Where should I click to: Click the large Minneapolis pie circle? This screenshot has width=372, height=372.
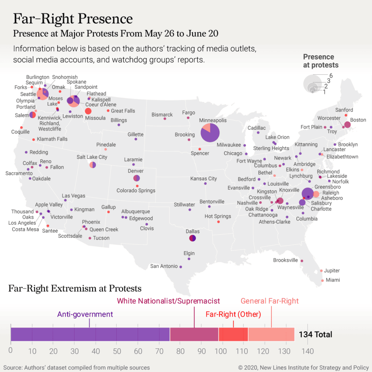(210, 133)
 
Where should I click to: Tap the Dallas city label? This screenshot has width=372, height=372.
(193, 231)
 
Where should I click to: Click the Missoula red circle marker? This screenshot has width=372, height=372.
(88, 111)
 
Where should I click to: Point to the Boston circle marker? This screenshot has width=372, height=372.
(347, 125)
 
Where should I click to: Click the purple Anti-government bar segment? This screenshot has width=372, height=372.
(90, 334)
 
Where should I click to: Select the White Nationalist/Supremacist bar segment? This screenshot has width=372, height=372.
(194, 334)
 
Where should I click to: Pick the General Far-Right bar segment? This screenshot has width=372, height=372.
(271, 334)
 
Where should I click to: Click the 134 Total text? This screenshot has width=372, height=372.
(315, 334)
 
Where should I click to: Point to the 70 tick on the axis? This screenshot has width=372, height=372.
(159, 351)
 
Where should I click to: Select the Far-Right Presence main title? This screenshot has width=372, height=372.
(73, 19)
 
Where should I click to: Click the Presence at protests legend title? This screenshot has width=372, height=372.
(320, 61)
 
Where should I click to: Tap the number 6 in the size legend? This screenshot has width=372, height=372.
(331, 75)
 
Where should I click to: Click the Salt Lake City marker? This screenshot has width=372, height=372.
(93, 165)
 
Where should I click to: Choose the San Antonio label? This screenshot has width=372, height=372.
(164, 266)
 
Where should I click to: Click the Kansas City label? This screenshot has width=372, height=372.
(203, 178)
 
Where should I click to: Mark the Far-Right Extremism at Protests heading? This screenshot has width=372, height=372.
(74, 289)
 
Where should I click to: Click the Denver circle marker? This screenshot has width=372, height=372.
(137, 178)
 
